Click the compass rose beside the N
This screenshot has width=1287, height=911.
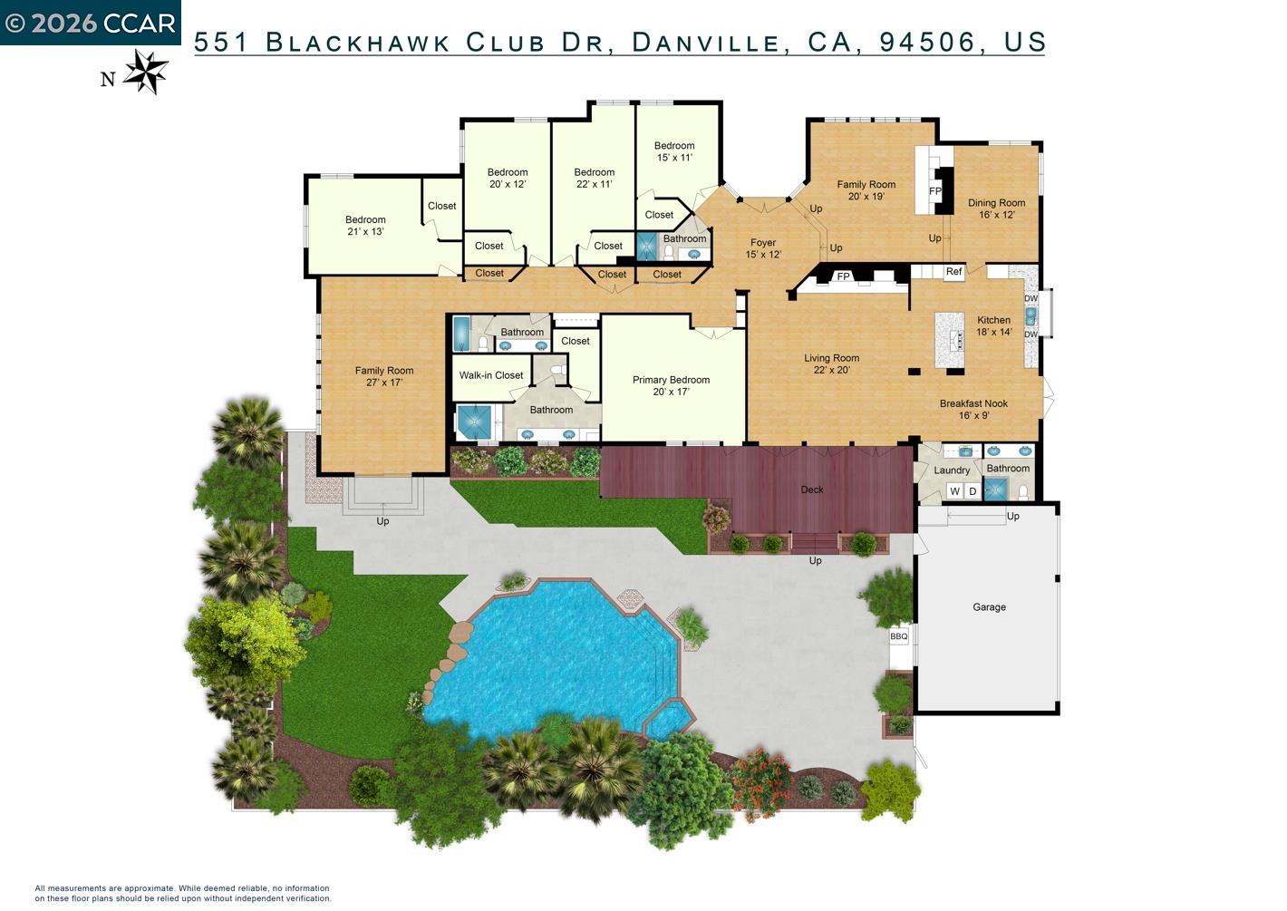146,72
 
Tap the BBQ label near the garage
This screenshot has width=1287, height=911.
898,636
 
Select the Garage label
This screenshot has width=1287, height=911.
989,607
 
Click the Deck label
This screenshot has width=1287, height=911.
812,490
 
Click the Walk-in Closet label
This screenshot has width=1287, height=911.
491,375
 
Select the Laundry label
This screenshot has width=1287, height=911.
952,470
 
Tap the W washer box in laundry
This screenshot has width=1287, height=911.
954,491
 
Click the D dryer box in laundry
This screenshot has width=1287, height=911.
973,491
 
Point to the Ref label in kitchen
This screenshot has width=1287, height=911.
953,272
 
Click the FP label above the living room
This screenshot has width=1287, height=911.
843,276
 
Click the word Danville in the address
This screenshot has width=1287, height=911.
704,42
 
